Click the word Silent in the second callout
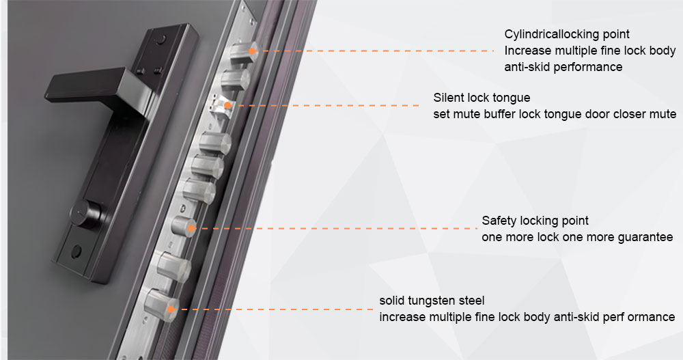pos(448,97)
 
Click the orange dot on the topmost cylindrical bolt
pos(252,51)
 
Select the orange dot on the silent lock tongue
pos(227,105)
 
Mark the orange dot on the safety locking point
pos(191,228)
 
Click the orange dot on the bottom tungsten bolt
pos(171,309)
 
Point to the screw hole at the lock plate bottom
pos(76,251)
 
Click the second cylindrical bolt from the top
pos(235,80)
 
